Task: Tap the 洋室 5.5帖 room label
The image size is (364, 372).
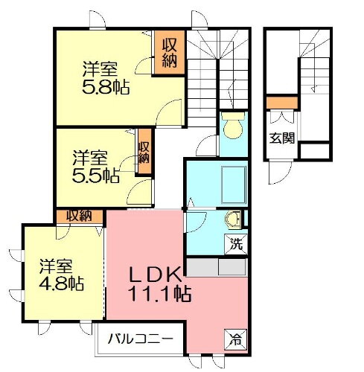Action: (95, 167)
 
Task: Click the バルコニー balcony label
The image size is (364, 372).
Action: (140, 339)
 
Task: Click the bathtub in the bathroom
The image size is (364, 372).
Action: (216, 183)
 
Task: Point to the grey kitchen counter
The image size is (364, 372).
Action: (215, 266)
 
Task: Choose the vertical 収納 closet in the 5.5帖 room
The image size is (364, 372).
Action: (143, 152)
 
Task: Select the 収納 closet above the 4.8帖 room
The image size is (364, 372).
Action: (80, 216)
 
